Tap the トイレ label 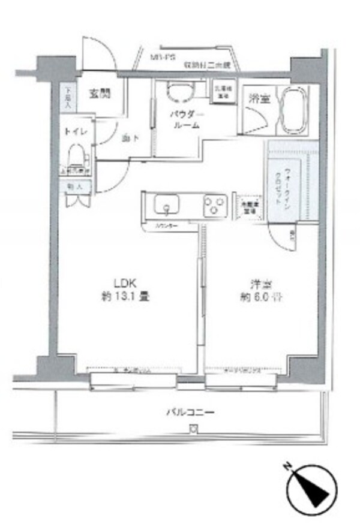tap(76, 134)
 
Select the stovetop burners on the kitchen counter tap(213, 207)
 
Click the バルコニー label tap(190, 412)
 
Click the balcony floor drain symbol tap(193, 428)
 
